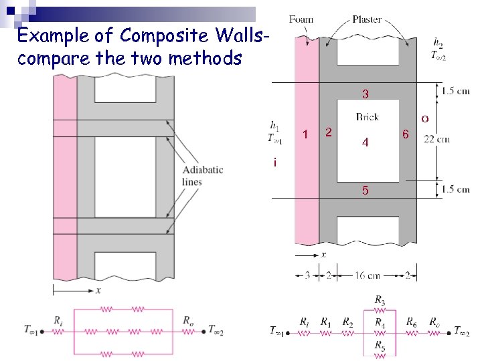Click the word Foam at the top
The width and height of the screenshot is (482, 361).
[x=301, y=19]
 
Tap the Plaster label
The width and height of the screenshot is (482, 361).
[x=368, y=19]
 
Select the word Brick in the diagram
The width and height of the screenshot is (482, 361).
[x=368, y=117]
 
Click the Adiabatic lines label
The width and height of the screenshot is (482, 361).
[x=203, y=176]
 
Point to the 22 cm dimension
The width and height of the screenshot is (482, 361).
[x=436, y=139]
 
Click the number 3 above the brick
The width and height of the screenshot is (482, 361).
[x=366, y=93]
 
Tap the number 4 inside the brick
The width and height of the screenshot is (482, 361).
[x=365, y=142]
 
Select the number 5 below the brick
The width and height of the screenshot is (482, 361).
[x=365, y=191]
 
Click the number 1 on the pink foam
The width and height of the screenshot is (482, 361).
[x=305, y=135]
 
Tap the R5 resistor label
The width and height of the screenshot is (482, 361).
[x=380, y=346]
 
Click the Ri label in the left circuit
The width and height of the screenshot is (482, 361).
[x=58, y=320]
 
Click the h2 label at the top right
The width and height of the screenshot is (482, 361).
[x=438, y=44]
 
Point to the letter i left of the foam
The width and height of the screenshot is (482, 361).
[x=274, y=162]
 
